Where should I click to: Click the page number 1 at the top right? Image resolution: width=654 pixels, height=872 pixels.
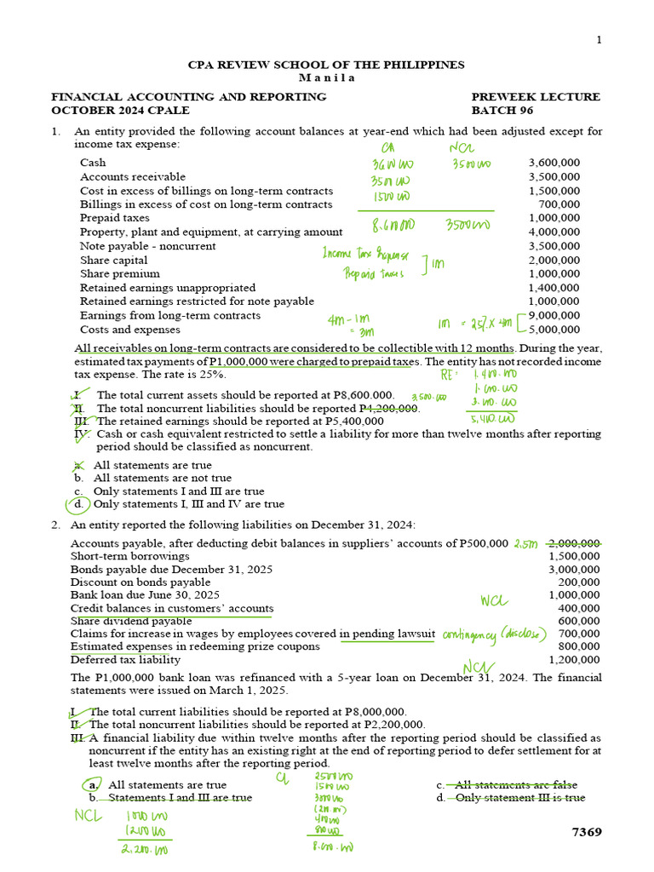pyautogui.click(x=599, y=40)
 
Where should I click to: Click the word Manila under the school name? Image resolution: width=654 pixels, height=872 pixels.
pyautogui.click(x=326, y=77)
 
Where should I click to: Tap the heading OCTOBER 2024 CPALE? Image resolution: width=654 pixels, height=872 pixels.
pyautogui.click(x=120, y=111)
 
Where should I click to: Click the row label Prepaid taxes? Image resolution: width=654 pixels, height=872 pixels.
pyautogui.click(x=115, y=218)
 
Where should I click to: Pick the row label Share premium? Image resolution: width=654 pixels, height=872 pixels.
pyautogui.click(x=120, y=274)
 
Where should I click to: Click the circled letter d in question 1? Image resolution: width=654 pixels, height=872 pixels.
pyautogui.click(x=78, y=504)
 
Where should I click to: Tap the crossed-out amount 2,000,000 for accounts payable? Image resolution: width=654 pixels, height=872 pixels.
pyautogui.click(x=574, y=543)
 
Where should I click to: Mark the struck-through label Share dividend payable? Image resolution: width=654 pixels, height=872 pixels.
pyautogui.click(x=131, y=621)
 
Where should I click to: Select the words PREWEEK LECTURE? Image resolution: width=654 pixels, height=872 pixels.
pyautogui.click(x=536, y=97)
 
